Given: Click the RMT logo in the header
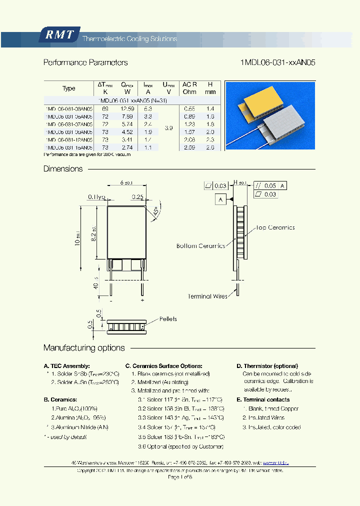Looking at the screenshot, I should coord(59,35).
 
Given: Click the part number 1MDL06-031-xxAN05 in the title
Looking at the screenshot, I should coord(277,63).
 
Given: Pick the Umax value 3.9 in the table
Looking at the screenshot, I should coord(168,128).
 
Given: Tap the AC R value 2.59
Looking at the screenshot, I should coord(189,148).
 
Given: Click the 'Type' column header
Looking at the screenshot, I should coord(68,88).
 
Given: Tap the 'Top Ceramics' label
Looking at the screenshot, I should coord(275,227).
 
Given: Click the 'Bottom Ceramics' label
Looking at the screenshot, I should coord(200,246).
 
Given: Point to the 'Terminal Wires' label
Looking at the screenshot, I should coord(207,296).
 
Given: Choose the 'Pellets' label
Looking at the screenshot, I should coord(168,319).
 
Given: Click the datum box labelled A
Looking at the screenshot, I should coord(220,199).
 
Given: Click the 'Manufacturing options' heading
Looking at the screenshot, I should coord(84,348).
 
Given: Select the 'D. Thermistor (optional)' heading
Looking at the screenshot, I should coord(267,366).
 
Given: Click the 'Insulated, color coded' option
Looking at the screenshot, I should coord(271,427).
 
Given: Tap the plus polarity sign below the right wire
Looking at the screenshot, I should coord(142,300).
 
